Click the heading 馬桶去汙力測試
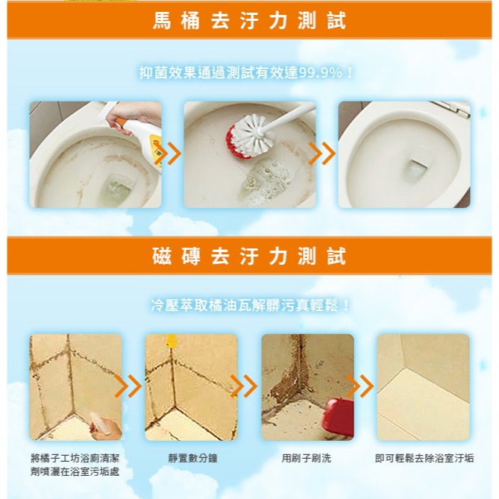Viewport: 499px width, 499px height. (x=249, y=20)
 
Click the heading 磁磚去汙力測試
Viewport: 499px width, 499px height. (x=249, y=257)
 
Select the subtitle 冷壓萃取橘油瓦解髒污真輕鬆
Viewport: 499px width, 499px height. (x=249, y=305)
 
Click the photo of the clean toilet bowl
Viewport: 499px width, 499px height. (x=404, y=154)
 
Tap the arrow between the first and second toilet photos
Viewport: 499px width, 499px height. (x=172, y=154)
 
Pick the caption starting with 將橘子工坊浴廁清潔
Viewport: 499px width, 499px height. (x=75, y=464)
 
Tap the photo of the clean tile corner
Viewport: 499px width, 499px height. (x=423, y=386)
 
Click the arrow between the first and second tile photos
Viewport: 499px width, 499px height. (x=130, y=386)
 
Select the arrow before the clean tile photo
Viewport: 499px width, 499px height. (x=362, y=386)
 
